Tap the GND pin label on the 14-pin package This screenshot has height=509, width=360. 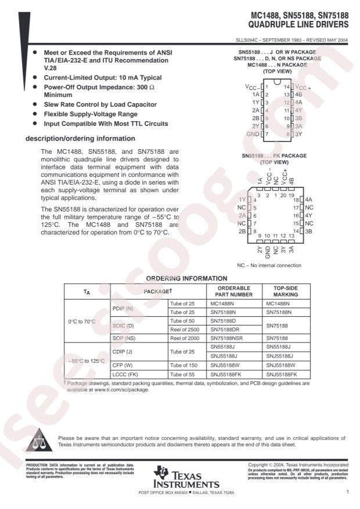(x=253, y=134)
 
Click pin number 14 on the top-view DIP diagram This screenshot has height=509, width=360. (x=286, y=86)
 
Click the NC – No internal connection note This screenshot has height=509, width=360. (x=269, y=265)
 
